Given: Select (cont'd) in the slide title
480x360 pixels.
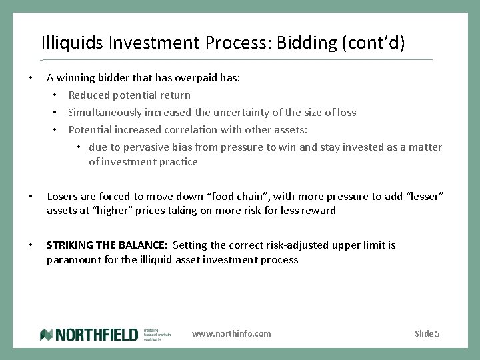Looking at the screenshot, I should tap(372, 43).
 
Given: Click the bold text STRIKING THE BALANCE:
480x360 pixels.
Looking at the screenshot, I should tap(107, 245).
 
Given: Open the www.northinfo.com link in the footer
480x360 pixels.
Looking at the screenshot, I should tap(231, 333).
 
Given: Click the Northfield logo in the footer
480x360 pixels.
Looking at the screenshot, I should tap(89, 334).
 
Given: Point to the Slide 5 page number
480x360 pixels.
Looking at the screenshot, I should tap(427, 333).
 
